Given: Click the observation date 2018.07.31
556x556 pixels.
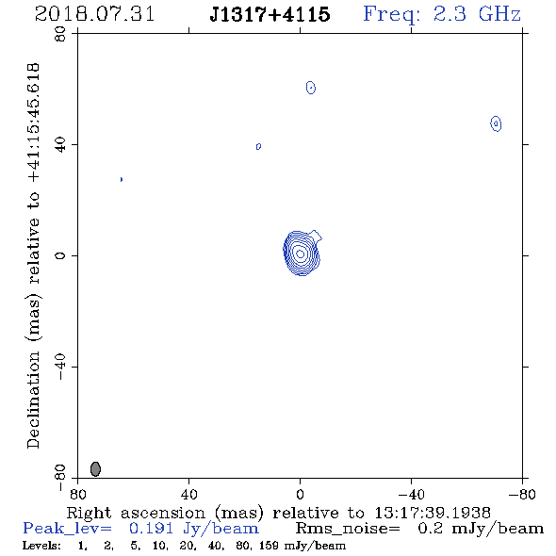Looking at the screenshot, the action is (94, 14).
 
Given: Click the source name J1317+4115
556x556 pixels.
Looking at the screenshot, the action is (270, 14).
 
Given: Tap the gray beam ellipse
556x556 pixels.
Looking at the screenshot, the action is (95, 468).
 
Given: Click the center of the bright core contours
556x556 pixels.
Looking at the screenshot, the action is (301, 253).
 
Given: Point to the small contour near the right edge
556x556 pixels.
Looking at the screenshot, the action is (496, 123).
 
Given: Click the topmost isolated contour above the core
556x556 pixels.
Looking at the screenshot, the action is (311, 88).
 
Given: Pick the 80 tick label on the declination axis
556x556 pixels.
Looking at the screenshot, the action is (60, 34).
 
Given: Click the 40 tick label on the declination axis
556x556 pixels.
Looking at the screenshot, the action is (60, 145).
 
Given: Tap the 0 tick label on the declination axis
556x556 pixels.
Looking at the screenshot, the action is (60, 255).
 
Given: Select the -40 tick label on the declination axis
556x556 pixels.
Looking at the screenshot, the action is (60, 367).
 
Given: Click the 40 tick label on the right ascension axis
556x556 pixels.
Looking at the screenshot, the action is (188, 494).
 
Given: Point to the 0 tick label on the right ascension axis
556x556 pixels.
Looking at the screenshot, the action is (300, 494).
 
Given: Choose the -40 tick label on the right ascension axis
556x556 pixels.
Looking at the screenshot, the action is (411, 494).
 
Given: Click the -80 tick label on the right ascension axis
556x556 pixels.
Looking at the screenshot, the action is (522, 494).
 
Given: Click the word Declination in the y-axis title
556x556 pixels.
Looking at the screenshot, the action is (33, 400).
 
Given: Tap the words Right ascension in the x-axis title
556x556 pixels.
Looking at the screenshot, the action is (136, 513).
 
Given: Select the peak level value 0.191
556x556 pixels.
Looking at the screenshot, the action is (152, 529).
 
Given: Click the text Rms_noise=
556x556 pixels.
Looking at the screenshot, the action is (348, 529).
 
